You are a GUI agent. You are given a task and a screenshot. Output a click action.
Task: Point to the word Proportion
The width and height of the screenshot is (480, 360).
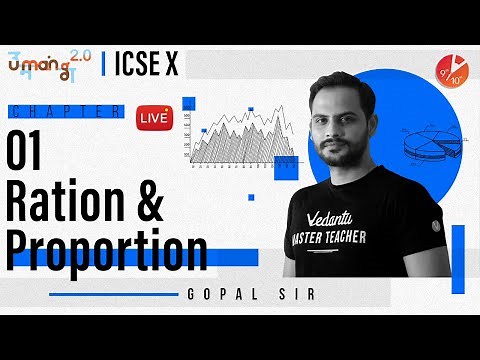104,251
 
